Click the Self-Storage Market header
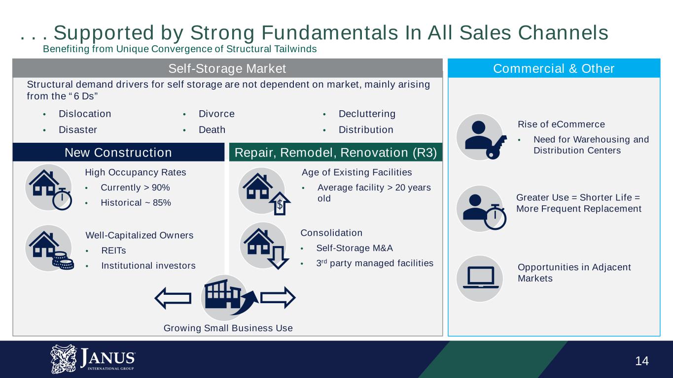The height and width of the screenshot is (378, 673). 227,68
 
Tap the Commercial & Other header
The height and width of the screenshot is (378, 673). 554,68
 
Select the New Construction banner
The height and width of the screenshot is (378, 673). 118,153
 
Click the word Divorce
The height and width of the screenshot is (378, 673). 216,114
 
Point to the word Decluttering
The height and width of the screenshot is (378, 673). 367,114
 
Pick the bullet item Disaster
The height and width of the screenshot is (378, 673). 78,129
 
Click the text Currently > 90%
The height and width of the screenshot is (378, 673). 135,188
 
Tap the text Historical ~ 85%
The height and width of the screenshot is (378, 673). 136,203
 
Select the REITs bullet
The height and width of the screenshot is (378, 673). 113,251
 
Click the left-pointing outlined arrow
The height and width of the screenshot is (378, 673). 173,298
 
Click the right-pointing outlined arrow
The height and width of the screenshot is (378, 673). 278,298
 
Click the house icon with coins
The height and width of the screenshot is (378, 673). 50,249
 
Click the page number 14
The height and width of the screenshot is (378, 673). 642,361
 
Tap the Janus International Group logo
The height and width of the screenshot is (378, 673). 93,359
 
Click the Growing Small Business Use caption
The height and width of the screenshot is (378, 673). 228,328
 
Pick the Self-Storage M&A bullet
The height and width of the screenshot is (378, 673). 354,248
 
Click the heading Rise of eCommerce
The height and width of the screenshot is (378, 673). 561,124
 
